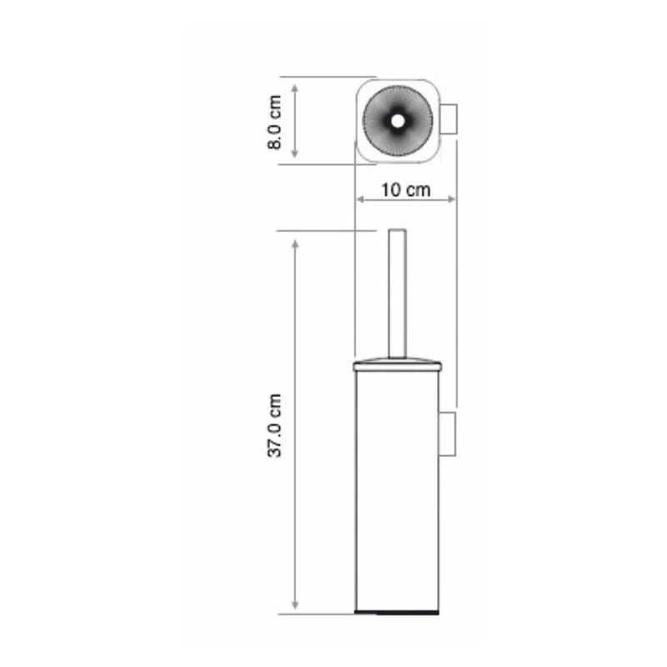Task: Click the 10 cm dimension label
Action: pos(405,189)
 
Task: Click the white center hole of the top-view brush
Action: pos(397,121)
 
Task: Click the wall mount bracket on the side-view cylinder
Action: pos(449,433)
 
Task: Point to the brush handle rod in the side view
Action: pos(397,292)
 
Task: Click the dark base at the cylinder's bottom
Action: pos(397,613)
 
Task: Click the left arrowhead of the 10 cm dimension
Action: pos(360,200)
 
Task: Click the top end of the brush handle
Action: pos(397,230)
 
